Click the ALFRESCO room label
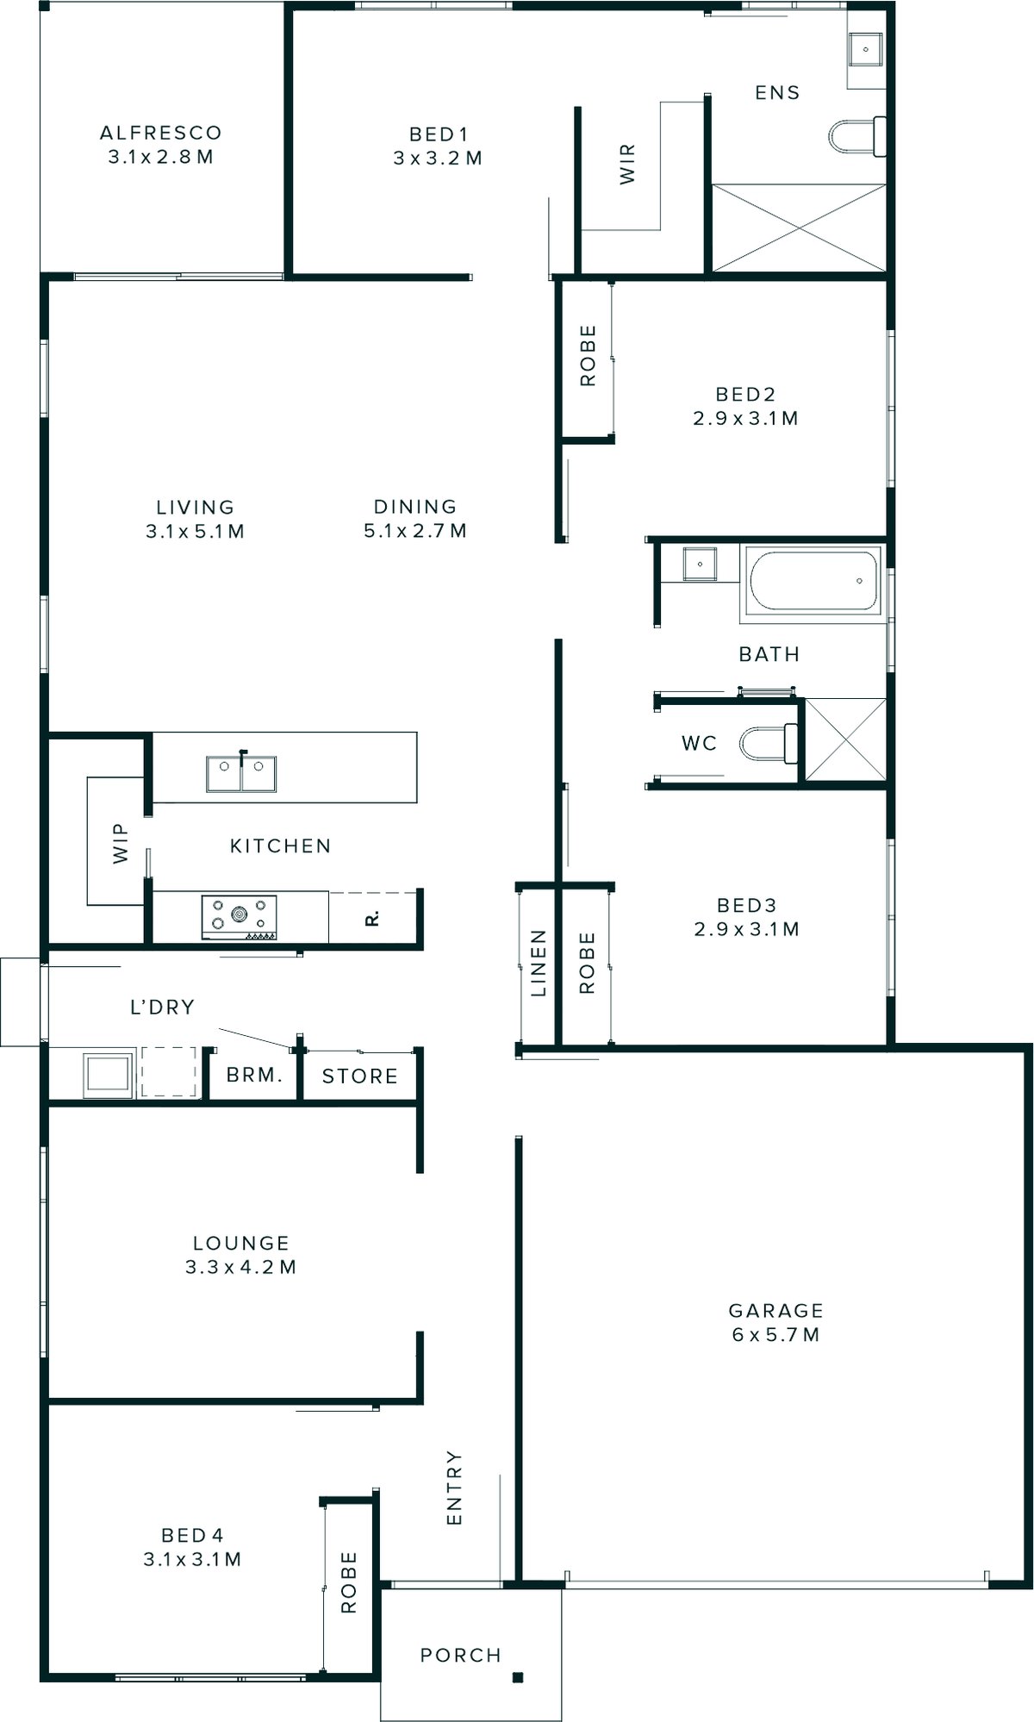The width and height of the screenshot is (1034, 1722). (160, 134)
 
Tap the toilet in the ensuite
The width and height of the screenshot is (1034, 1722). (856, 137)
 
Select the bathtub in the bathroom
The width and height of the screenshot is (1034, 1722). (813, 582)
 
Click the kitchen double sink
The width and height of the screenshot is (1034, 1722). (241, 774)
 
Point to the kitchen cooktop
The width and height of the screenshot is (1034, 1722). (240, 917)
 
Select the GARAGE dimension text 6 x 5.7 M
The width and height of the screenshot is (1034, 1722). (775, 1335)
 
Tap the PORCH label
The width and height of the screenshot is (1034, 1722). (460, 1655)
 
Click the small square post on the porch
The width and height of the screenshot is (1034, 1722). (518, 1677)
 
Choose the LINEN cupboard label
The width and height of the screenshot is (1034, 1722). (539, 963)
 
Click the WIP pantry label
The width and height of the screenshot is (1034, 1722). (120, 843)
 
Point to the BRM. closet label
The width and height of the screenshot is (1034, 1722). (254, 1076)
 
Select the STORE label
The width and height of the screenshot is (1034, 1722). (359, 1076)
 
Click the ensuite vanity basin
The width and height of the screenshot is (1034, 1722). (864, 50)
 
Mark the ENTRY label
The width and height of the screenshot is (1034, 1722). (454, 1488)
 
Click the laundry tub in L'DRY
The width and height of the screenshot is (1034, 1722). (107, 1074)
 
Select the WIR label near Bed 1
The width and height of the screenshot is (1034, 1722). (627, 164)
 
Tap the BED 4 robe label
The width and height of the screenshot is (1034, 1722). (348, 1582)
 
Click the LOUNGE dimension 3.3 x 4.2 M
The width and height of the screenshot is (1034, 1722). (240, 1267)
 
